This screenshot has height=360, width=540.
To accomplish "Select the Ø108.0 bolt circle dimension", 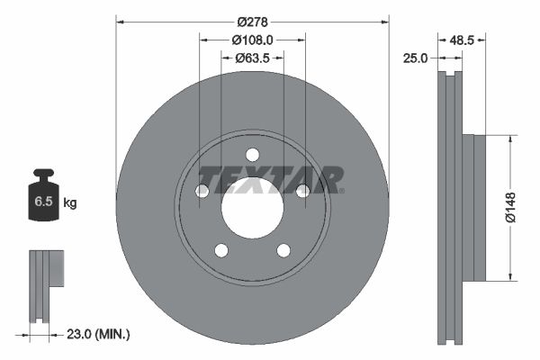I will point(252,40).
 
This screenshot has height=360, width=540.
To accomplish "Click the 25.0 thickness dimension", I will point(416,58).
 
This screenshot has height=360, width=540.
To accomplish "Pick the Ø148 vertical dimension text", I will point(509,206).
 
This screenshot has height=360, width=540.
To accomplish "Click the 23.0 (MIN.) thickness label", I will point(100,334).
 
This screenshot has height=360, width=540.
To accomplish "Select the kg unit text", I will point(70,203).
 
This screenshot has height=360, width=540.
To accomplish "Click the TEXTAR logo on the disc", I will point(271,179).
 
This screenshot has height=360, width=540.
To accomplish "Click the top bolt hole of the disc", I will point(252,153).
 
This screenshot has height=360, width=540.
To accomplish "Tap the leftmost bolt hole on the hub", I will point(202,191).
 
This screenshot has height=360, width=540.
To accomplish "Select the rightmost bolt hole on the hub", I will point(302,190).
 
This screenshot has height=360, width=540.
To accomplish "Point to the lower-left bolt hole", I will point(221,250).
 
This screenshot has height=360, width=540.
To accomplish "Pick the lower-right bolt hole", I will point(283,250).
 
